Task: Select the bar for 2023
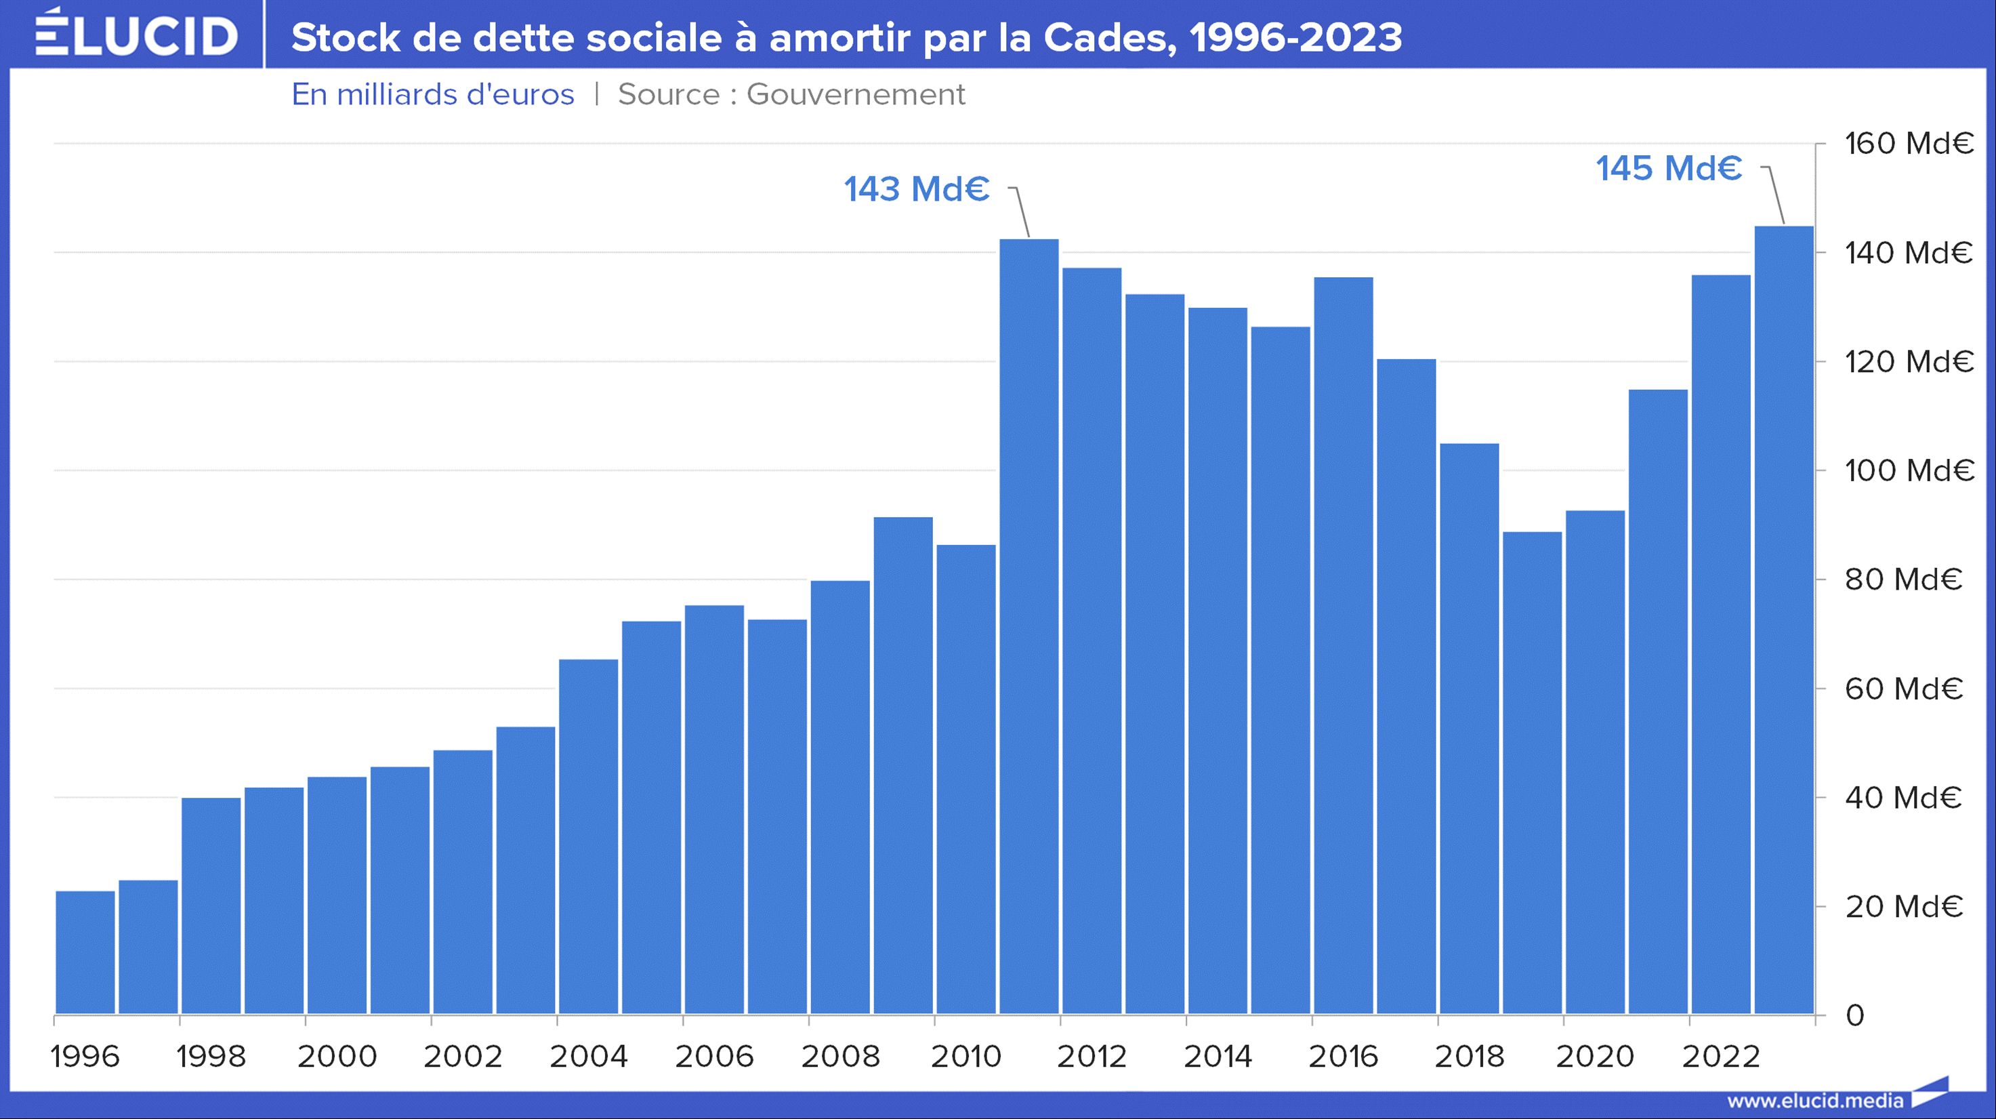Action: [x=1784, y=620]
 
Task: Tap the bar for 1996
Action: [x=85, y=952]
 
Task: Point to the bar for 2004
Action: [x=589, y=837]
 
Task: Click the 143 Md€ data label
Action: [x=917, y=189]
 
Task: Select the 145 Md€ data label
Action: [x=1669, y=168]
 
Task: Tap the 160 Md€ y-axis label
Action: [x=1909, y=144]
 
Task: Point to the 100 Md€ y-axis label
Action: [x=1909, y=470]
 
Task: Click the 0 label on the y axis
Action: [x=1854, y=1015]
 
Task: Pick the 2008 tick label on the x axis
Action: [x=840, y=1056]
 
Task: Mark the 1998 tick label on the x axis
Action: [x=211, y=1056]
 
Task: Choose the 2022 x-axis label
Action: [x=1720, y=1056]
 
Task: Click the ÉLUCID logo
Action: [x=136, y=34]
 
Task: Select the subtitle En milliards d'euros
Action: [x=432, y=94]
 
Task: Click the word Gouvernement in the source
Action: [x=856, y=94]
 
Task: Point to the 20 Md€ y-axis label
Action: [x=1904, y=907]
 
